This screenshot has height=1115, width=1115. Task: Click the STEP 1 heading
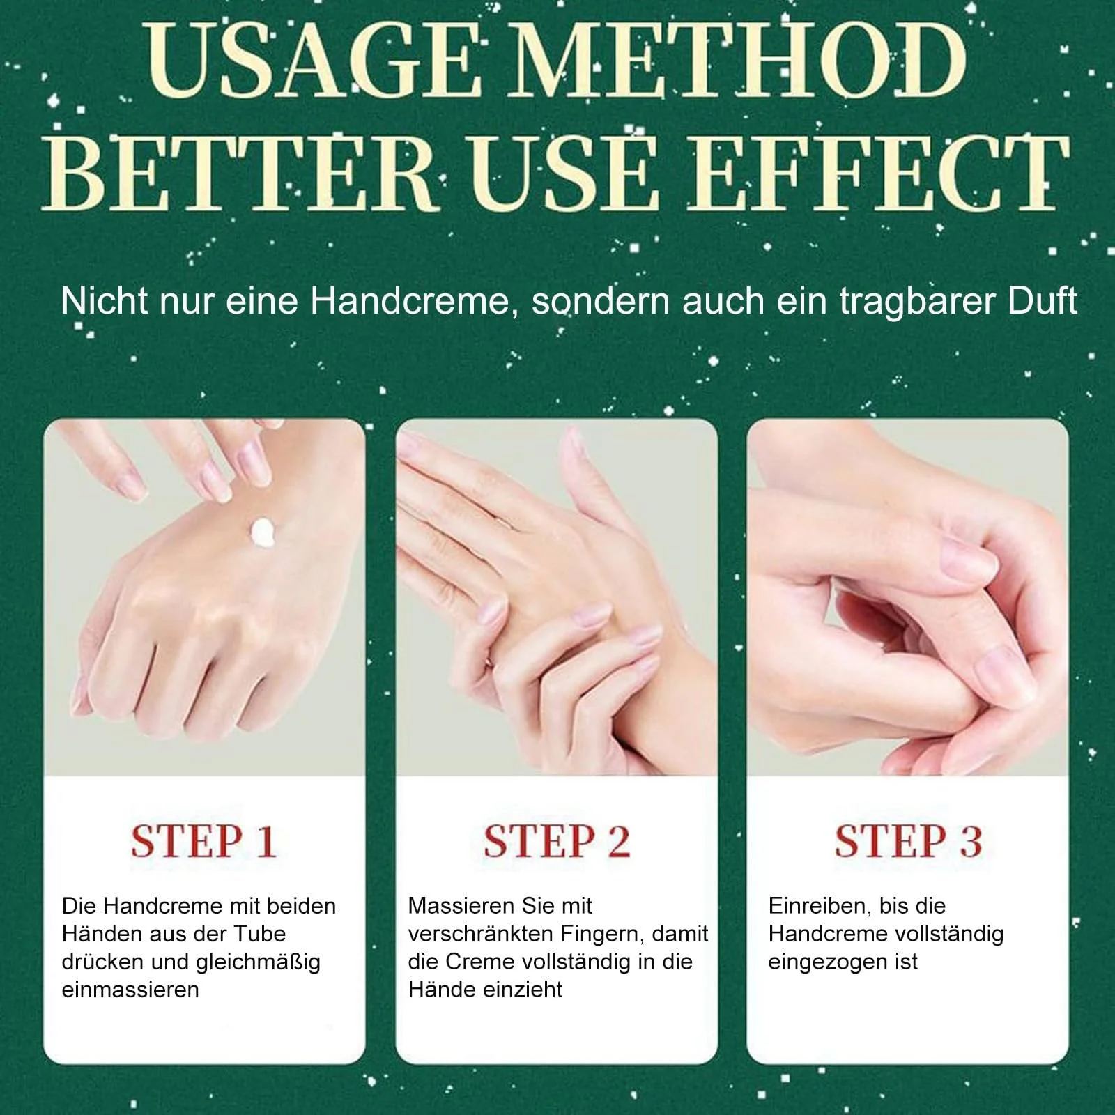pyautogui.click(x=203, y=841)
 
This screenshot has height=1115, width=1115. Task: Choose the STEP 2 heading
pyautogui.click(x=557, y=841)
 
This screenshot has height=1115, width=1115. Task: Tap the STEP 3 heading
pyautogui.click(x=908, y=841)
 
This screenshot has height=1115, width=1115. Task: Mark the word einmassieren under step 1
pyautogui.click(x=130, y=990)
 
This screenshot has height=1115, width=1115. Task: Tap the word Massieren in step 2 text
pyautogui.click(x=454, y=906)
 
